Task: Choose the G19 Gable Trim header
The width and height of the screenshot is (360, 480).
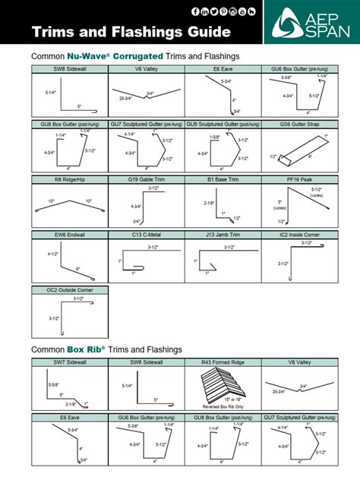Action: (x=146, y=180)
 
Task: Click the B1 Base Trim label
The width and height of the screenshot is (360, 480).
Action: (x=222, y=180)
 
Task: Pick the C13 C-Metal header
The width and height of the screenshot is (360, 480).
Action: (x=146, y=235)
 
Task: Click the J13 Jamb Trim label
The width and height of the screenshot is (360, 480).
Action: (x=222, y=235)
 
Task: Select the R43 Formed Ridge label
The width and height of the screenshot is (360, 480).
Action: (x=222, y=363)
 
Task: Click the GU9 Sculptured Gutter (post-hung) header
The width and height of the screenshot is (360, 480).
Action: (x=222, y=123)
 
